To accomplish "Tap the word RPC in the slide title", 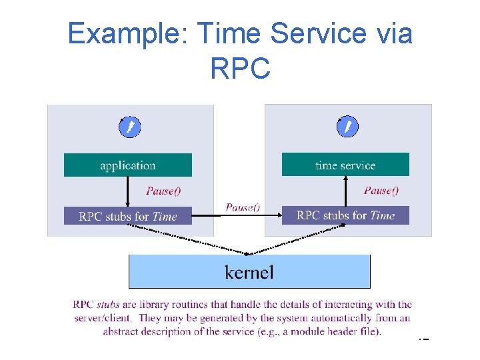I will click(240, 67).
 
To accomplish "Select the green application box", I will click(127, 165).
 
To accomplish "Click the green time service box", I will click(345, 165).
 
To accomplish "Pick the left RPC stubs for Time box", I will click(127, 216).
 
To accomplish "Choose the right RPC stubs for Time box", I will click(345, 215).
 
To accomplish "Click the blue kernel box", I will click(249, 271).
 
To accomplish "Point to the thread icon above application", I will click(129, 127).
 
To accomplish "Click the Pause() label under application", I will click(163, 191).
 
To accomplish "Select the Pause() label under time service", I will click(381, 191).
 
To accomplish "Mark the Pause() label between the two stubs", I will click(243, 207).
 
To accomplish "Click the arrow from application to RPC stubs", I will click(128, 191).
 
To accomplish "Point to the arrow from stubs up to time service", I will click(345, 191).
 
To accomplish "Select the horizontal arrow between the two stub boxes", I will click(237, 215).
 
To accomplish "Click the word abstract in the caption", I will click(123, 331).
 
